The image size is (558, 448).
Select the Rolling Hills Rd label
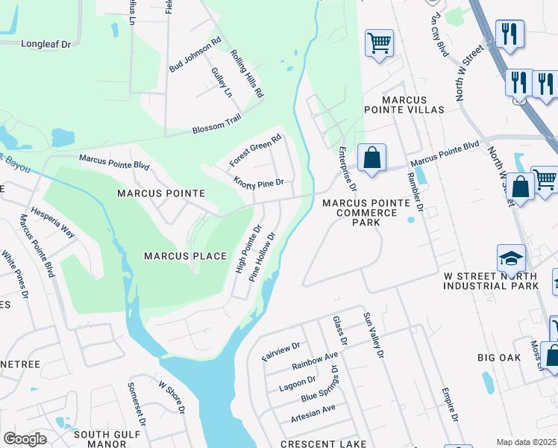[x=247, y=75]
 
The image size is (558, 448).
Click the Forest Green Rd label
[x=256, y=149]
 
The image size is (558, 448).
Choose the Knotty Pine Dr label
[x=259, y=182]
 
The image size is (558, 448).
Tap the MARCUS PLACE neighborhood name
[x=185, y=256]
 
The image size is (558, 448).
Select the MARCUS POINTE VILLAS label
[x=404, y=105]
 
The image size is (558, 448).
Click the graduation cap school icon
[x=512, y=258]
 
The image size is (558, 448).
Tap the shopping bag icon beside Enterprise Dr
[x=372, y=158]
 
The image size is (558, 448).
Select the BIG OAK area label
[x=499, y=358]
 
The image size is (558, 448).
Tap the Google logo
[x=25, y=439]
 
